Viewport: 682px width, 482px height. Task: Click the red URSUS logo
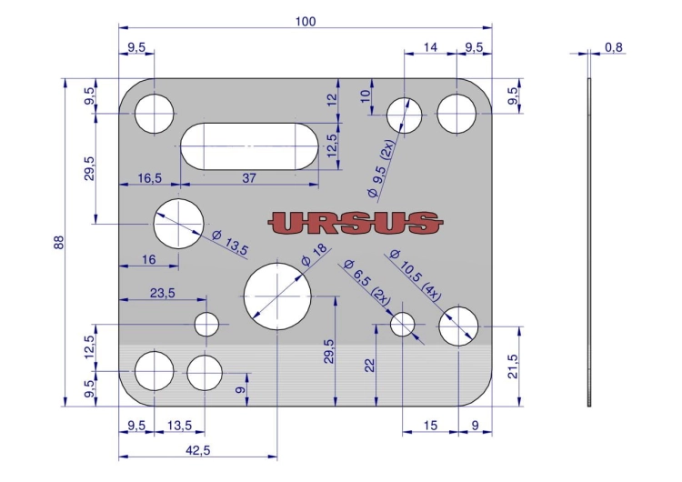pyautogui.click(x=356, y=223)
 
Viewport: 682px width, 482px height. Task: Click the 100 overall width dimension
pyautogui.click(x=306, y=22)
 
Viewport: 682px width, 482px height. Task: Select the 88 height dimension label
pyautogui.click(x=59, y=242)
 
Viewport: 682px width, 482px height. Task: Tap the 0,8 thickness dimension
pyautogui.click(x=613, y=47)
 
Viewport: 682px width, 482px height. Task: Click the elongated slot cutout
pyautogui.click(x=249, y=146)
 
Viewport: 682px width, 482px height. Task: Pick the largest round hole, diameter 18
pyautogui.click(x=277, y=296)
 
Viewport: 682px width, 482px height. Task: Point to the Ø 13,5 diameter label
pyautogui.click(x=230, y=243)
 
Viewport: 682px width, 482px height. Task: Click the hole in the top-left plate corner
pyautogui.click(x=154, y=114)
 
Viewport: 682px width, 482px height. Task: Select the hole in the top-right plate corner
pyautogui.click(x=456, y=114)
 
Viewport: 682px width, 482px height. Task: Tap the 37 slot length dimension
pyautogui.click(x=249, y=178)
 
